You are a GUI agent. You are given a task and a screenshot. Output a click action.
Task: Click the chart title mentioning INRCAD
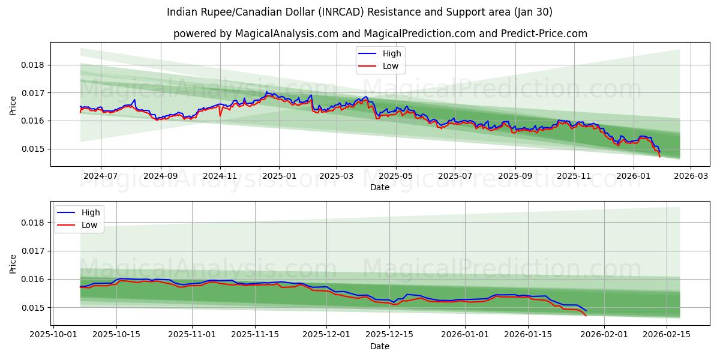tap(359, 12)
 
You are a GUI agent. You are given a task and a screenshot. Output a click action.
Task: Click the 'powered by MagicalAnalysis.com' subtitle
tap(380, 34)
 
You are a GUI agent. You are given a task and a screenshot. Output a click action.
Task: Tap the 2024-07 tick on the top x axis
tap(100, 175)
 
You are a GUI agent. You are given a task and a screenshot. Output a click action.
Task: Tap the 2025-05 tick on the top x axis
tap(395, 175)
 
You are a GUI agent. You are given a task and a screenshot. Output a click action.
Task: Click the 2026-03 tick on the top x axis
tap(690, 175)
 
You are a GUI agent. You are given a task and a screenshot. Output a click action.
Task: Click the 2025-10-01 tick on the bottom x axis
tap(55, 334)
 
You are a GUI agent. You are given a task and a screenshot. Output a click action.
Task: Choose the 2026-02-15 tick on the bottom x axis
tap(667, 334)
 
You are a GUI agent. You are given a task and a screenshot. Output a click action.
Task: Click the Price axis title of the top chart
tap(13, 104)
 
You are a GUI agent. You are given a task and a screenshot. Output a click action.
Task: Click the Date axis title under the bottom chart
tap(379, 346)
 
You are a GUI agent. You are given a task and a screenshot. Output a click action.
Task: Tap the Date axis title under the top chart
tap(379, 187)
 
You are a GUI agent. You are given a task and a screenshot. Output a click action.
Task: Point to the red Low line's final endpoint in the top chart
tap(660, 157)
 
